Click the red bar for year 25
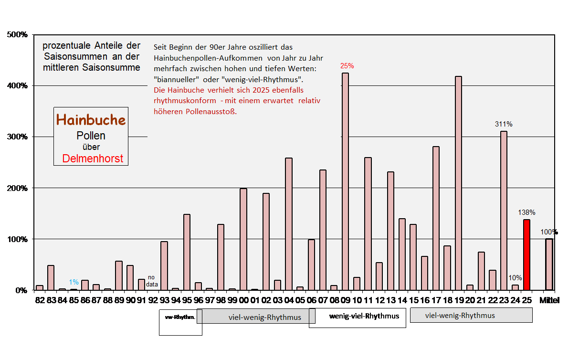526,254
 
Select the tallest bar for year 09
345,181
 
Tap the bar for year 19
458,183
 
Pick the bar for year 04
288,224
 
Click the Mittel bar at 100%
549,265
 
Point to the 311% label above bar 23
504,124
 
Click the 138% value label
527,212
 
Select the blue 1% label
74,282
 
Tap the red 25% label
347,66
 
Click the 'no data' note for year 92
152,280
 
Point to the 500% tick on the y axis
17,35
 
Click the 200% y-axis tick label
17,188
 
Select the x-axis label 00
243,301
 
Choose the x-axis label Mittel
549,301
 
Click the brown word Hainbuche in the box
91,120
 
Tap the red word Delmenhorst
92,159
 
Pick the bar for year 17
436,218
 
